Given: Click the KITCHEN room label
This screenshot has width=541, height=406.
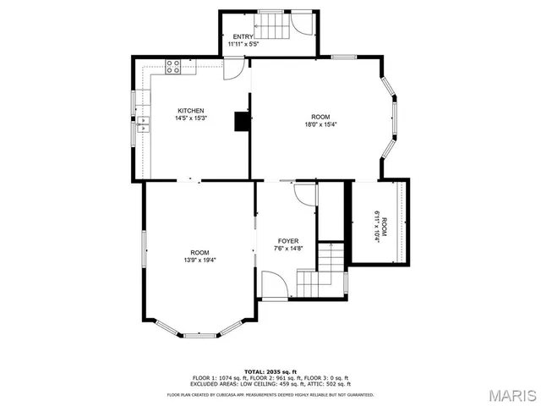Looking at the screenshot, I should coord(190,111).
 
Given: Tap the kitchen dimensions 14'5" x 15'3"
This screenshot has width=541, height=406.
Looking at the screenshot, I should coord(190,119).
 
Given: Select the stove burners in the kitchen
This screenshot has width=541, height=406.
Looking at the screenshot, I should coord(175,66).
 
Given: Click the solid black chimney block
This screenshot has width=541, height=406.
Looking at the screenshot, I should coord(243,122).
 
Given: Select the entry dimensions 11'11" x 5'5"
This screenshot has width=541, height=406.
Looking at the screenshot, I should coord(243,44).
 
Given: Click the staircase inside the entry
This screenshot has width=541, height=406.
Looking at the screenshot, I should coord(270,25).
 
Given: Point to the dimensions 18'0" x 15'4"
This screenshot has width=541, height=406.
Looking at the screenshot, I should coord(320,125).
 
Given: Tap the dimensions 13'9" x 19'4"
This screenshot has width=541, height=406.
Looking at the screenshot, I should coord(199,261).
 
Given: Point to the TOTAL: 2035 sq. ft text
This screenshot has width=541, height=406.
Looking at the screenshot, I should coord(270,371).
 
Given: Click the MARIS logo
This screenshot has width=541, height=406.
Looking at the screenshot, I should coord(511,395).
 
